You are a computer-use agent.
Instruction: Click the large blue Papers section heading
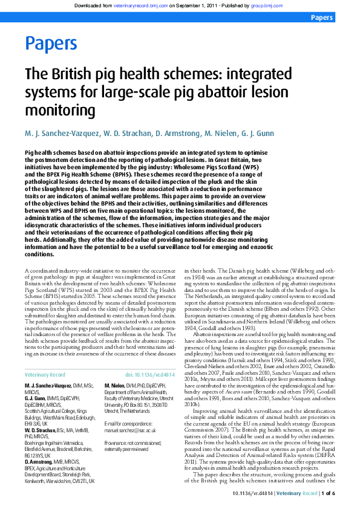[x=51, y=44]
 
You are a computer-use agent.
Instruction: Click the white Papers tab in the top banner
[x=321, y=18]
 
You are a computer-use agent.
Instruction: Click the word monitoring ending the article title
[x=60, y=111]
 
